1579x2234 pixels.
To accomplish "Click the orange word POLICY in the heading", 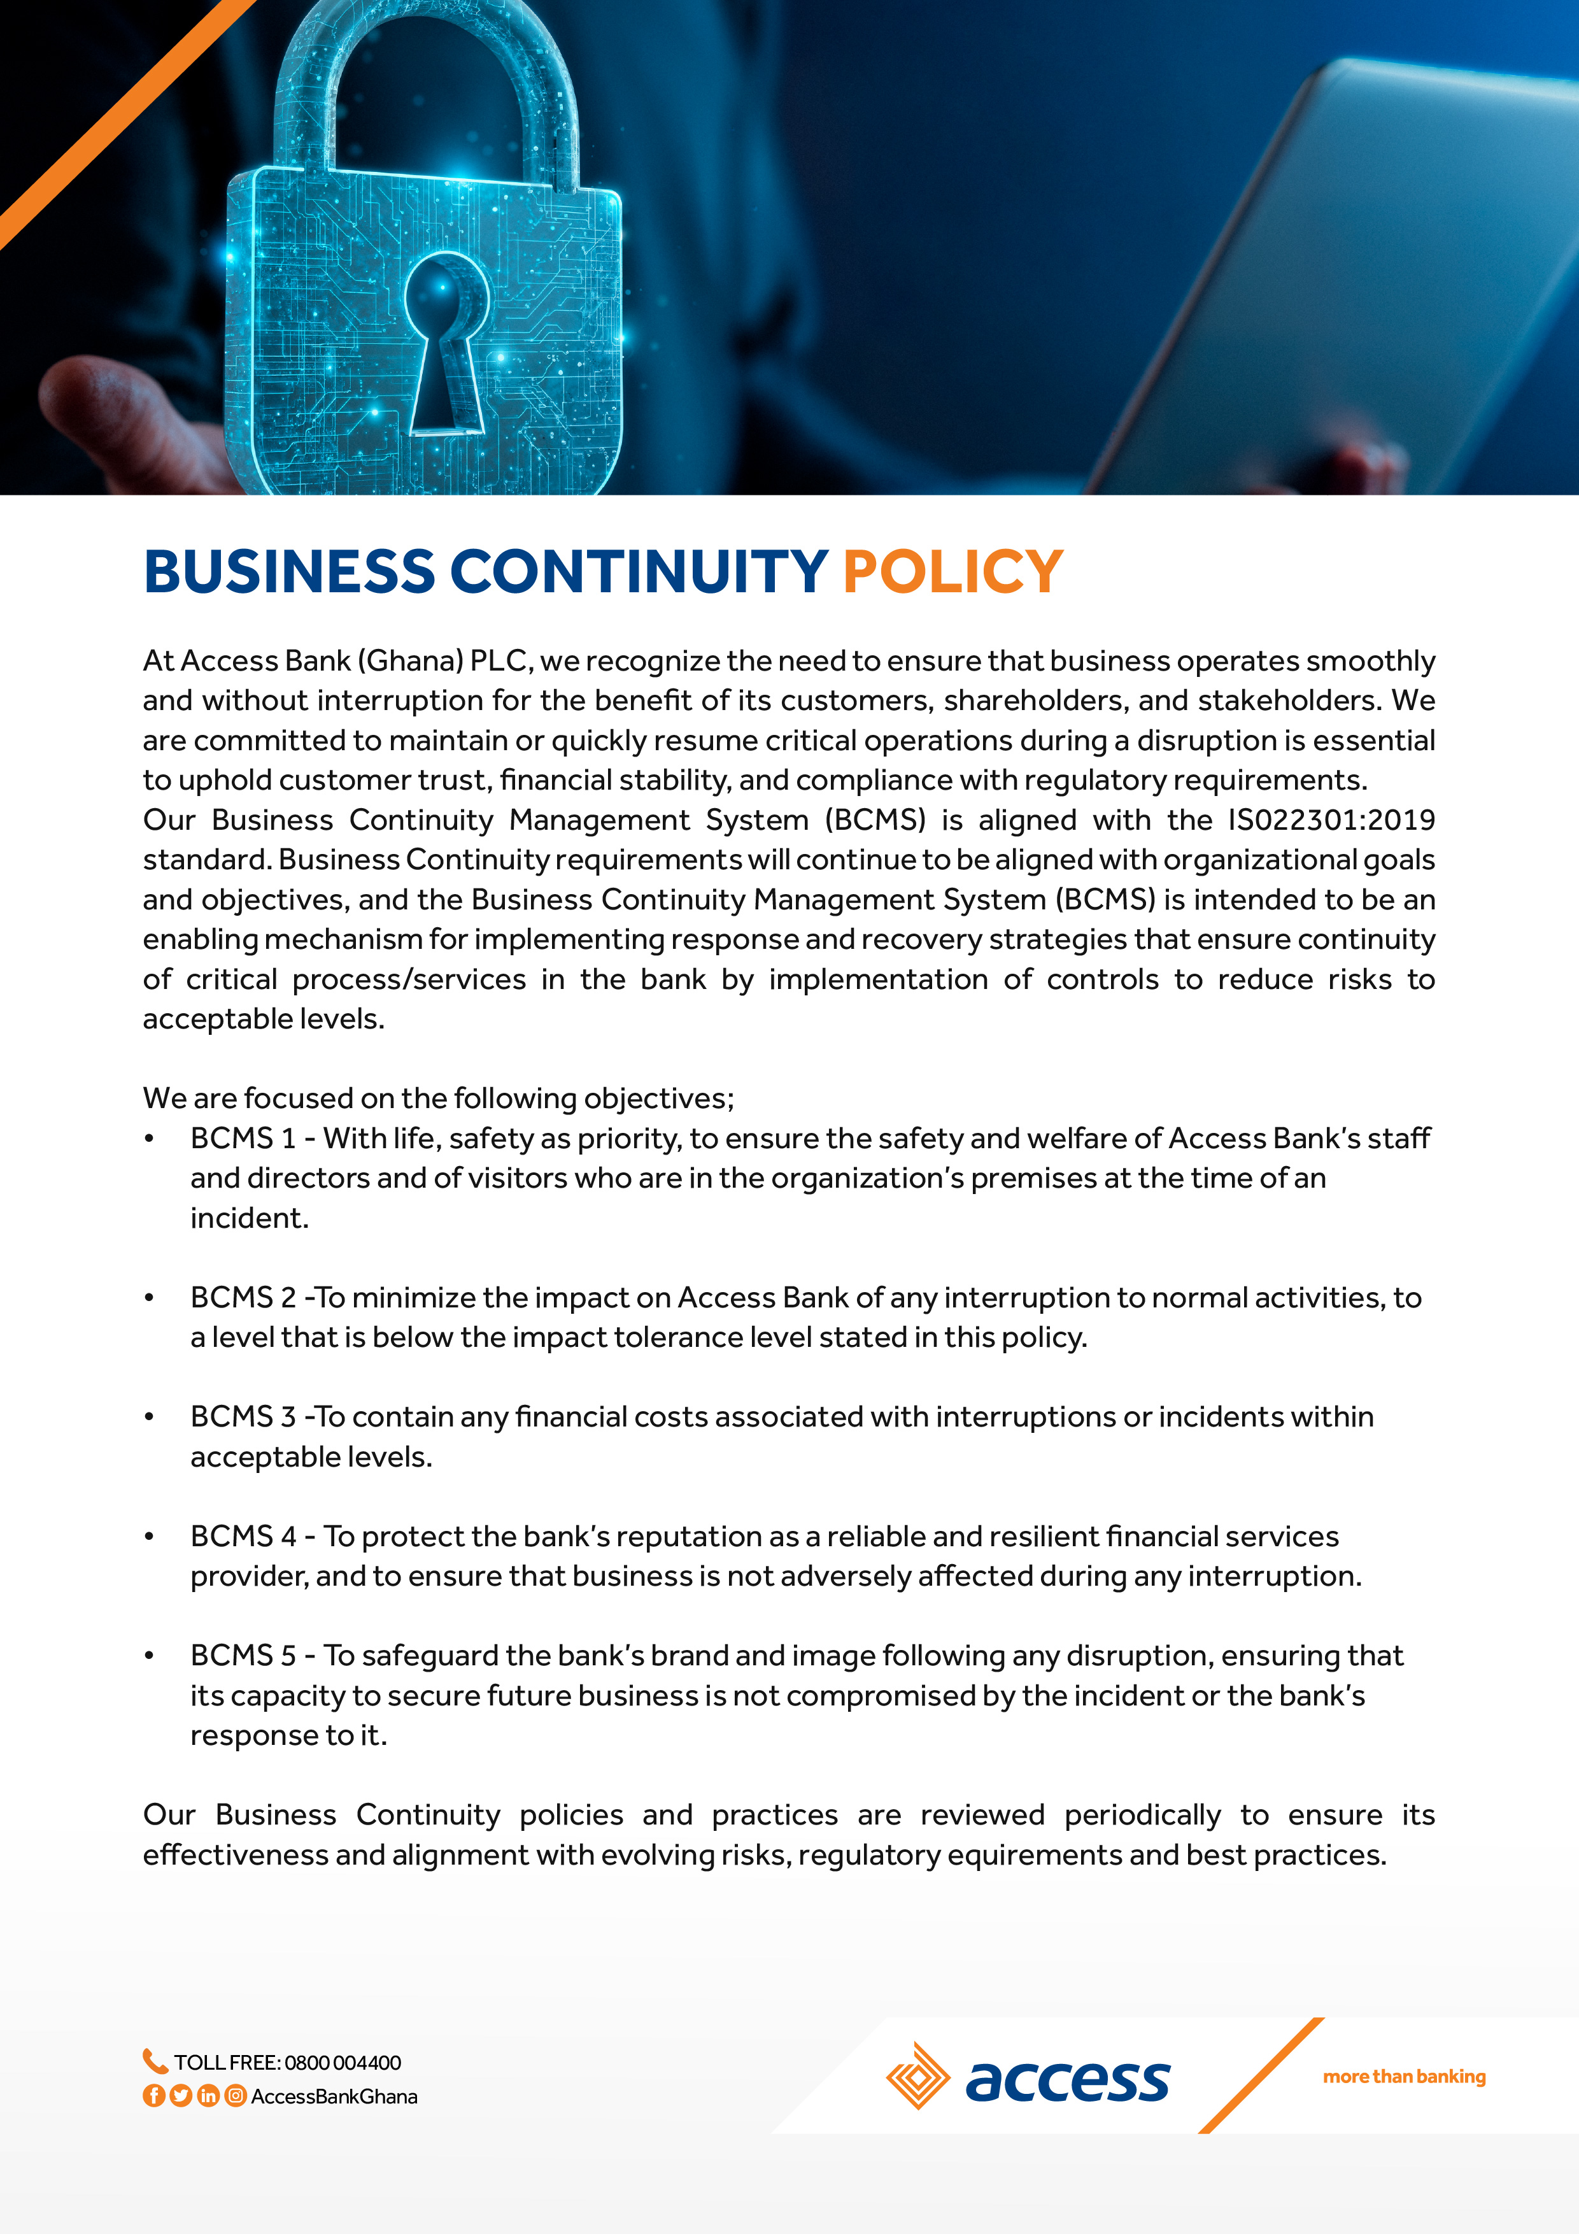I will [x=952, y=571].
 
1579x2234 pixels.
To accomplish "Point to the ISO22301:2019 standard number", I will [x=1331, y=820].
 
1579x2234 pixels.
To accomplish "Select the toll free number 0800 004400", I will [x=343, y=2063].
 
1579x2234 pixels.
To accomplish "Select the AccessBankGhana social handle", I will [x=334, y=2097].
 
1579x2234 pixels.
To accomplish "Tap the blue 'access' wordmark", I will [x=1067, y=2081].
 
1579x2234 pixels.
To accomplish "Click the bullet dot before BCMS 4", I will [x=149, y=1537].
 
